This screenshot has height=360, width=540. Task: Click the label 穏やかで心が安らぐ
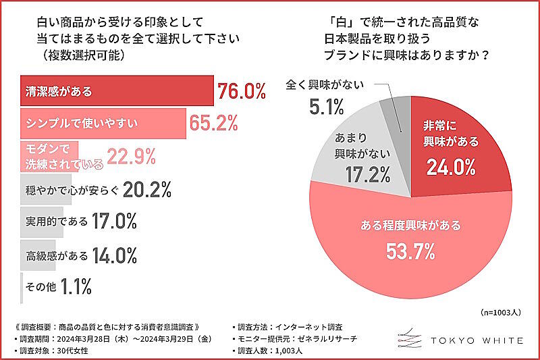click(x=70, y=190)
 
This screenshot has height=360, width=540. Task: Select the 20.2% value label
click(x=148, y=190)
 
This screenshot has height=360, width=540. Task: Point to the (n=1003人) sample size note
click(x=504, y=313)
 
